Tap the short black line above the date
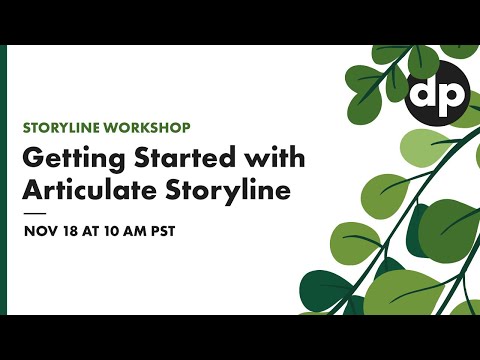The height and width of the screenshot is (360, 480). (x=34, y=213)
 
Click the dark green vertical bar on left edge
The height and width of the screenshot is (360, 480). (x=3, y=180)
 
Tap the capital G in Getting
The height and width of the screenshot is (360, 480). (x=33, y=160)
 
